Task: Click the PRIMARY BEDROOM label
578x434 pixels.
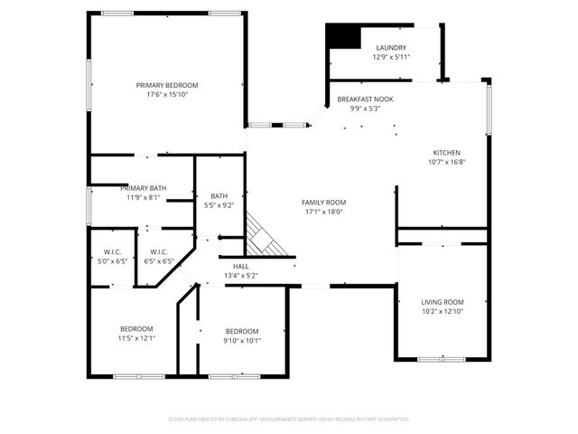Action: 167,85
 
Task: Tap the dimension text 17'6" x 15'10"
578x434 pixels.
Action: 167,94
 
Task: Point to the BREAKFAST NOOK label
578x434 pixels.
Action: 365,99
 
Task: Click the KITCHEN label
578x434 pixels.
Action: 446,153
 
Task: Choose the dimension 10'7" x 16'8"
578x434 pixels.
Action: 446,163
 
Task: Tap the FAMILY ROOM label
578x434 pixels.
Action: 324,203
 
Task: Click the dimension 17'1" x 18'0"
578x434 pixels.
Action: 324,212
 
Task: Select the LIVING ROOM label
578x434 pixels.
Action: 443,302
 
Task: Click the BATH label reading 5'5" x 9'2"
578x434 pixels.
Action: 219,195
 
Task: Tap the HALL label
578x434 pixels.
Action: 240,266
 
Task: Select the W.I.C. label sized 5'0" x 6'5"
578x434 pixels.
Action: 112,251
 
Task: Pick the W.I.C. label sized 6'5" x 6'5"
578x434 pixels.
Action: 158,251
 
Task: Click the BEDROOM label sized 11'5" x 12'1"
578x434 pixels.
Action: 136,328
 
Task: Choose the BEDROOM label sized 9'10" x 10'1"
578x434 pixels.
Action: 242,331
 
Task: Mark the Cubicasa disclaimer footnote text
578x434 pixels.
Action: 289,420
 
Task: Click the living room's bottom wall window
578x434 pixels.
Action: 442,359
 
